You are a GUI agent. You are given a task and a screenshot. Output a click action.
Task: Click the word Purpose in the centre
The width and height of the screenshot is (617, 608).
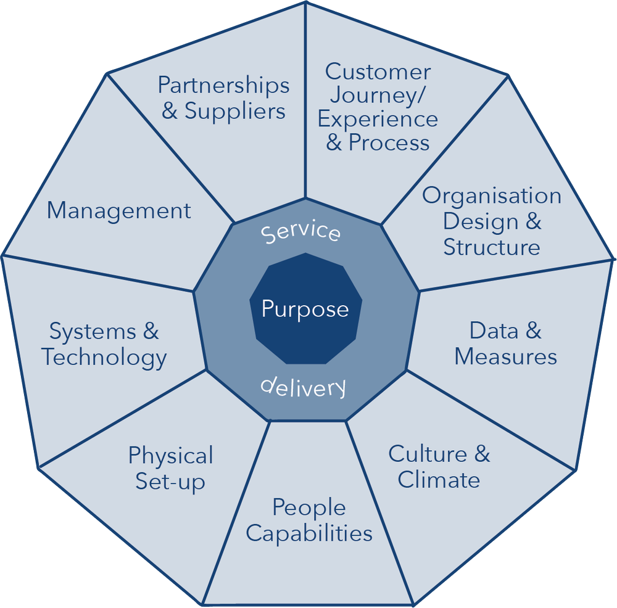(x=305, y=308)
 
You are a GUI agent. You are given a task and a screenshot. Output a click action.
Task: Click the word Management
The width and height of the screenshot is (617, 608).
(x=119, y=211)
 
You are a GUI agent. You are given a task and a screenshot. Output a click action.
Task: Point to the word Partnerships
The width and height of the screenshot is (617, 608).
(x=223, y=85)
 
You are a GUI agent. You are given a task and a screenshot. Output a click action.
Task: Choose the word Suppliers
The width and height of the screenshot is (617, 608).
(x=235, y=111)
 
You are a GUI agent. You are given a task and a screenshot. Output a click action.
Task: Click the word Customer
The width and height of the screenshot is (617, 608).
(x=378, y=72)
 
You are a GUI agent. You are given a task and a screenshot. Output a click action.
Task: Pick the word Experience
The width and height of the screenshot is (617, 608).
(x=378, y=120)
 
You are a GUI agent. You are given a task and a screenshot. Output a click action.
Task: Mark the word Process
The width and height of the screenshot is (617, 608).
(x=389, y=142)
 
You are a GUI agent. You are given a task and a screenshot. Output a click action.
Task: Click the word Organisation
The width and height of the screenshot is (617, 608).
(x=492, y=196)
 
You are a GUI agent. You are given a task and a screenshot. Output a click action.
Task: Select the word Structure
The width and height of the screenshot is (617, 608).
(x=492, y=247)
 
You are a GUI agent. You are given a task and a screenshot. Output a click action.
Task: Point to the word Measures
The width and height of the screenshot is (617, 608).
(x=506, y=356)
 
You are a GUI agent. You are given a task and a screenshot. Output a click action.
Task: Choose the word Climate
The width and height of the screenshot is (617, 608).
(x=439, y=480)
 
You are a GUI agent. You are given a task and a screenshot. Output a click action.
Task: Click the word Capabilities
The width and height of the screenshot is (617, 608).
(x=309, y=533)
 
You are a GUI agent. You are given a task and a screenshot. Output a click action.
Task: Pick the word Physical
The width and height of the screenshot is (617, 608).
(x=170, y=456)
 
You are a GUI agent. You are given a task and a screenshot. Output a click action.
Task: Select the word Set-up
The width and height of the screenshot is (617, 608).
(x=170, y=482)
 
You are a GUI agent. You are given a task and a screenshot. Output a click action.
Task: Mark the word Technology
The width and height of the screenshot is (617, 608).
(x=104, y=358)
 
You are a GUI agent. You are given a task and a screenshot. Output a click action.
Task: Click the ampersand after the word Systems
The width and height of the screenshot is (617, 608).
(x=151, y=332)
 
